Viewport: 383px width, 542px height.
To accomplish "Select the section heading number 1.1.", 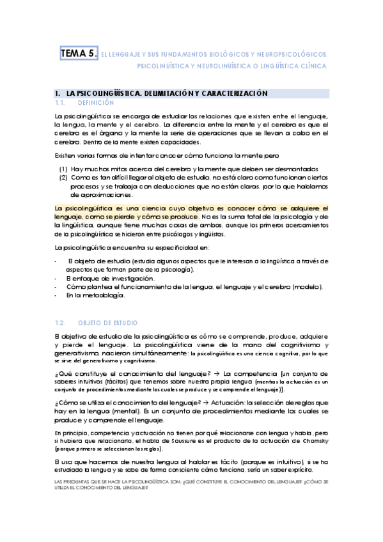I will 61,102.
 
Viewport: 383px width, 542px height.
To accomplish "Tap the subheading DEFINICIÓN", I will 95,102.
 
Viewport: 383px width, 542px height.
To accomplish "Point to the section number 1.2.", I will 61,323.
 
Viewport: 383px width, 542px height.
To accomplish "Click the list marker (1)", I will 64,169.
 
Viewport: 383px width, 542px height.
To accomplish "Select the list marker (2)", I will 64,178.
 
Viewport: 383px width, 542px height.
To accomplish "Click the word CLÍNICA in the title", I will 315,66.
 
